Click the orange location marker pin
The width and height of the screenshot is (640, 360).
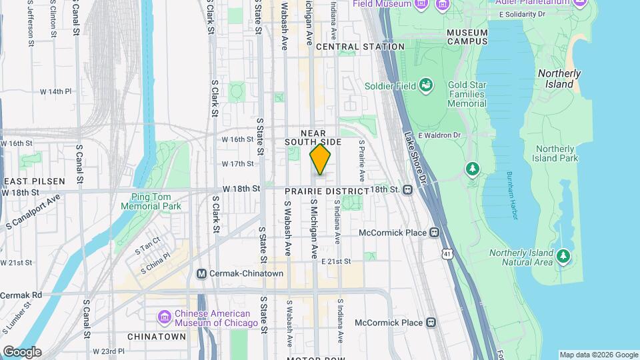[x=321, y=160]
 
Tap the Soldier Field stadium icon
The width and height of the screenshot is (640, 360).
[x=425, y=85]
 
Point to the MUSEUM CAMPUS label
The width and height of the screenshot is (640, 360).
[x=467, y=36]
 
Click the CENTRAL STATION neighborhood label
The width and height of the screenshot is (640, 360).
[x=360, y=47]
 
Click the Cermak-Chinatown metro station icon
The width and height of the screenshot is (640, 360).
[x=202, y=273]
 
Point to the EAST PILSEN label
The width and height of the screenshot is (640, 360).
[x=35, y=181]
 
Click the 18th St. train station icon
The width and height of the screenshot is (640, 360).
[x=407, y=190]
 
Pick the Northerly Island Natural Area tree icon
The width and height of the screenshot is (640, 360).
[x=563, y=255]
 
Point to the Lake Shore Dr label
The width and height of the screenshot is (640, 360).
[x=415, y=157]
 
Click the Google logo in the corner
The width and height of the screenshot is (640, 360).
[x=21, y=351]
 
